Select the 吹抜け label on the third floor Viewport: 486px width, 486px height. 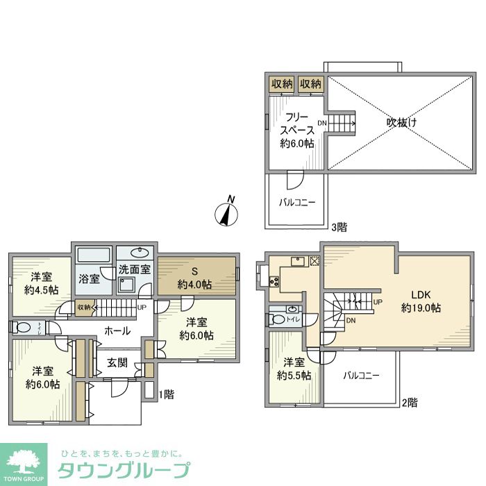coord(402,123)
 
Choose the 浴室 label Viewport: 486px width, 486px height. coord(89,278)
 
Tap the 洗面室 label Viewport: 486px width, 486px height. coord(134,269)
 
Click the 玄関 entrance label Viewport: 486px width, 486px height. coord(116,362)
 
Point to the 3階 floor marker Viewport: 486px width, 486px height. coord(339,227)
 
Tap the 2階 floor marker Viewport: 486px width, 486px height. coord(409,401)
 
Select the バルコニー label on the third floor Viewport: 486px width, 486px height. coord(297,203)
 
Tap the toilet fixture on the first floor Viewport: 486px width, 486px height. coord(21,328)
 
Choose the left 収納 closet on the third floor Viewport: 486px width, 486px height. coord(281,84)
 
